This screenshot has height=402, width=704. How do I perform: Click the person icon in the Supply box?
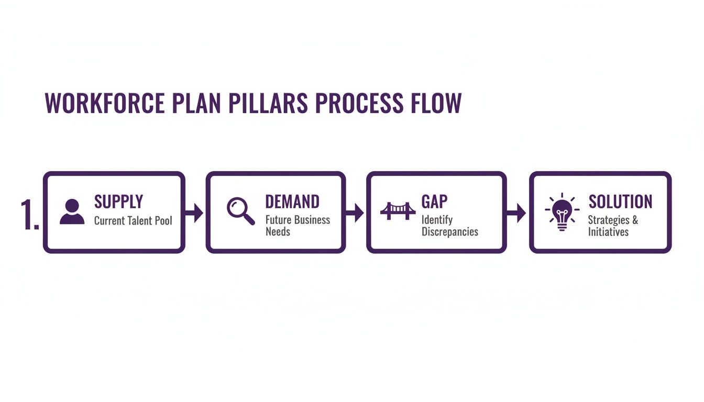click(72, 212)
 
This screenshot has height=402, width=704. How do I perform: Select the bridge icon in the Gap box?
click(398, 210)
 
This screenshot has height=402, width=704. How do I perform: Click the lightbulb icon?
click(562, 212)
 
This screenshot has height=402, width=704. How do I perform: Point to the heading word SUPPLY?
click(118, 202)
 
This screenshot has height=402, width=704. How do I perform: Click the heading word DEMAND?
click(292, 202)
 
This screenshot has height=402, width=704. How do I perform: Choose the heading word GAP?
click(434, 202)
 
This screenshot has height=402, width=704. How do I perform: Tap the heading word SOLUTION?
click(620, 202)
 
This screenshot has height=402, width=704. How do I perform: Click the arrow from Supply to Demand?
click(195, 213)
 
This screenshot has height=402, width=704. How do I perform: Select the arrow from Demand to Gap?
click(356, 213)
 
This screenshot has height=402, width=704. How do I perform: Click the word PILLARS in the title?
click(270, 103)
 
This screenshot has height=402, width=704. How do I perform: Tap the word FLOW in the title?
click(434, 103)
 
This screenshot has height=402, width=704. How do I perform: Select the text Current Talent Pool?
click(133, 221)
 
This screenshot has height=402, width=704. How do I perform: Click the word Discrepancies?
click(449, 231)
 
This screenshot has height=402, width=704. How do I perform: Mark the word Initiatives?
click(608, 231)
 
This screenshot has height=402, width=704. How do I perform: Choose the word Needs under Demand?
click(278, 231)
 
